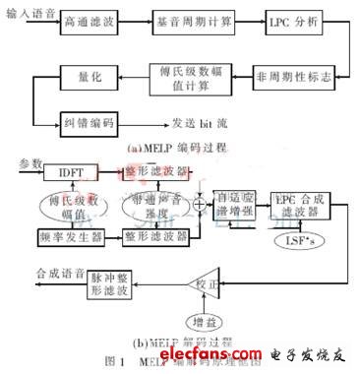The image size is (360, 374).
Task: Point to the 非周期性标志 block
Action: (x=293, y=76)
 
